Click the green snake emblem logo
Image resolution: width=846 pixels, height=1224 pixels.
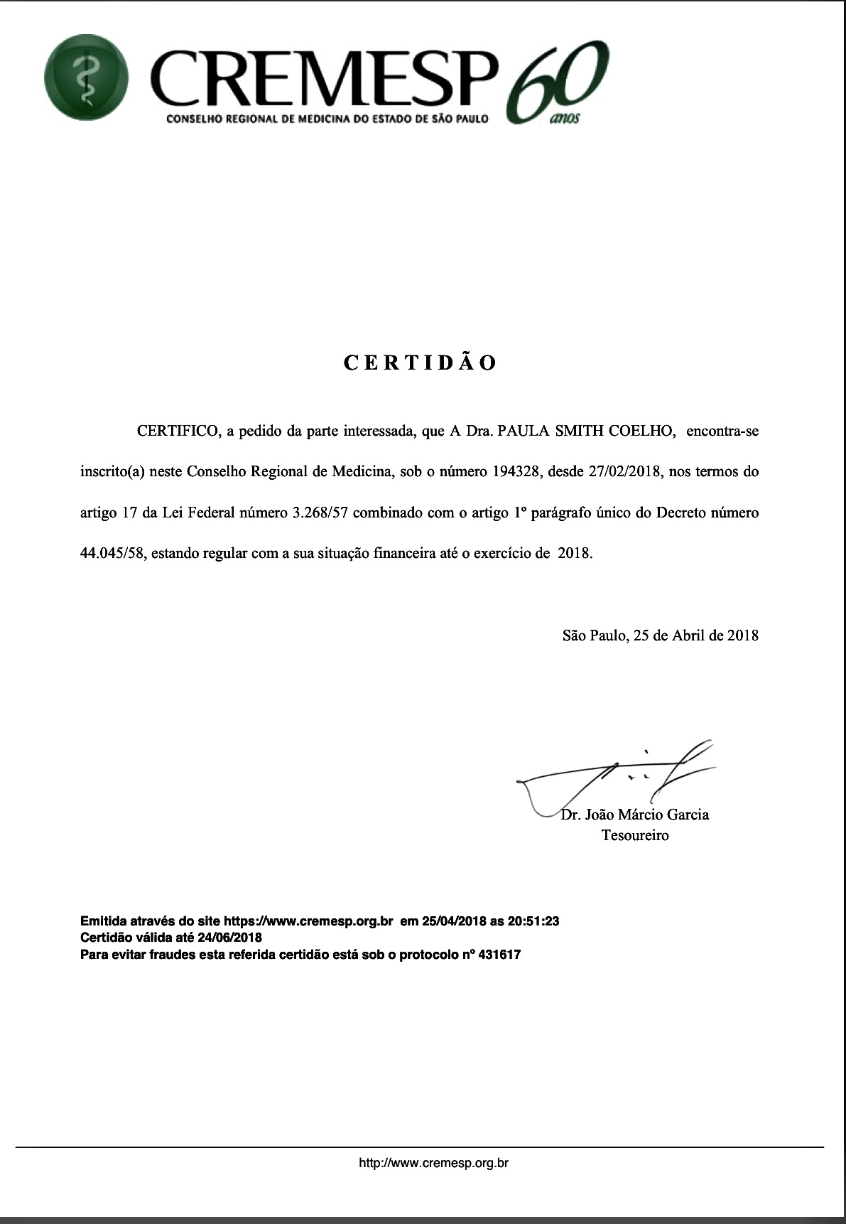point(86,77)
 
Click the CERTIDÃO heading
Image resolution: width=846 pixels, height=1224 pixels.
point(421,363)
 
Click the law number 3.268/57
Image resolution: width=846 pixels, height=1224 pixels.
point(319,512)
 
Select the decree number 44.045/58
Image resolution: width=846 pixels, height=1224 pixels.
point(113,553)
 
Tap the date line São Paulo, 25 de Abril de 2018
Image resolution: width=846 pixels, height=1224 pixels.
point(660,635)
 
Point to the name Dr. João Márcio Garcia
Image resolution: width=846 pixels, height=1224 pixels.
point(634,815)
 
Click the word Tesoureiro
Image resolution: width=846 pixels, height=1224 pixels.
point(635,835)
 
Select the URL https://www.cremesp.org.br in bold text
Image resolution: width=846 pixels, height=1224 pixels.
point(308,921)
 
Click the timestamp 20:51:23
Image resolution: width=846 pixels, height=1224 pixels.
point(534,921)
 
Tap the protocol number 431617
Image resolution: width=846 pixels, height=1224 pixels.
point(499,955)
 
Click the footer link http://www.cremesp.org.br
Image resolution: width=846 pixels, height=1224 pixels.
point(433,1164)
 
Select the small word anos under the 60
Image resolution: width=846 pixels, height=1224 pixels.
point(565,117)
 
